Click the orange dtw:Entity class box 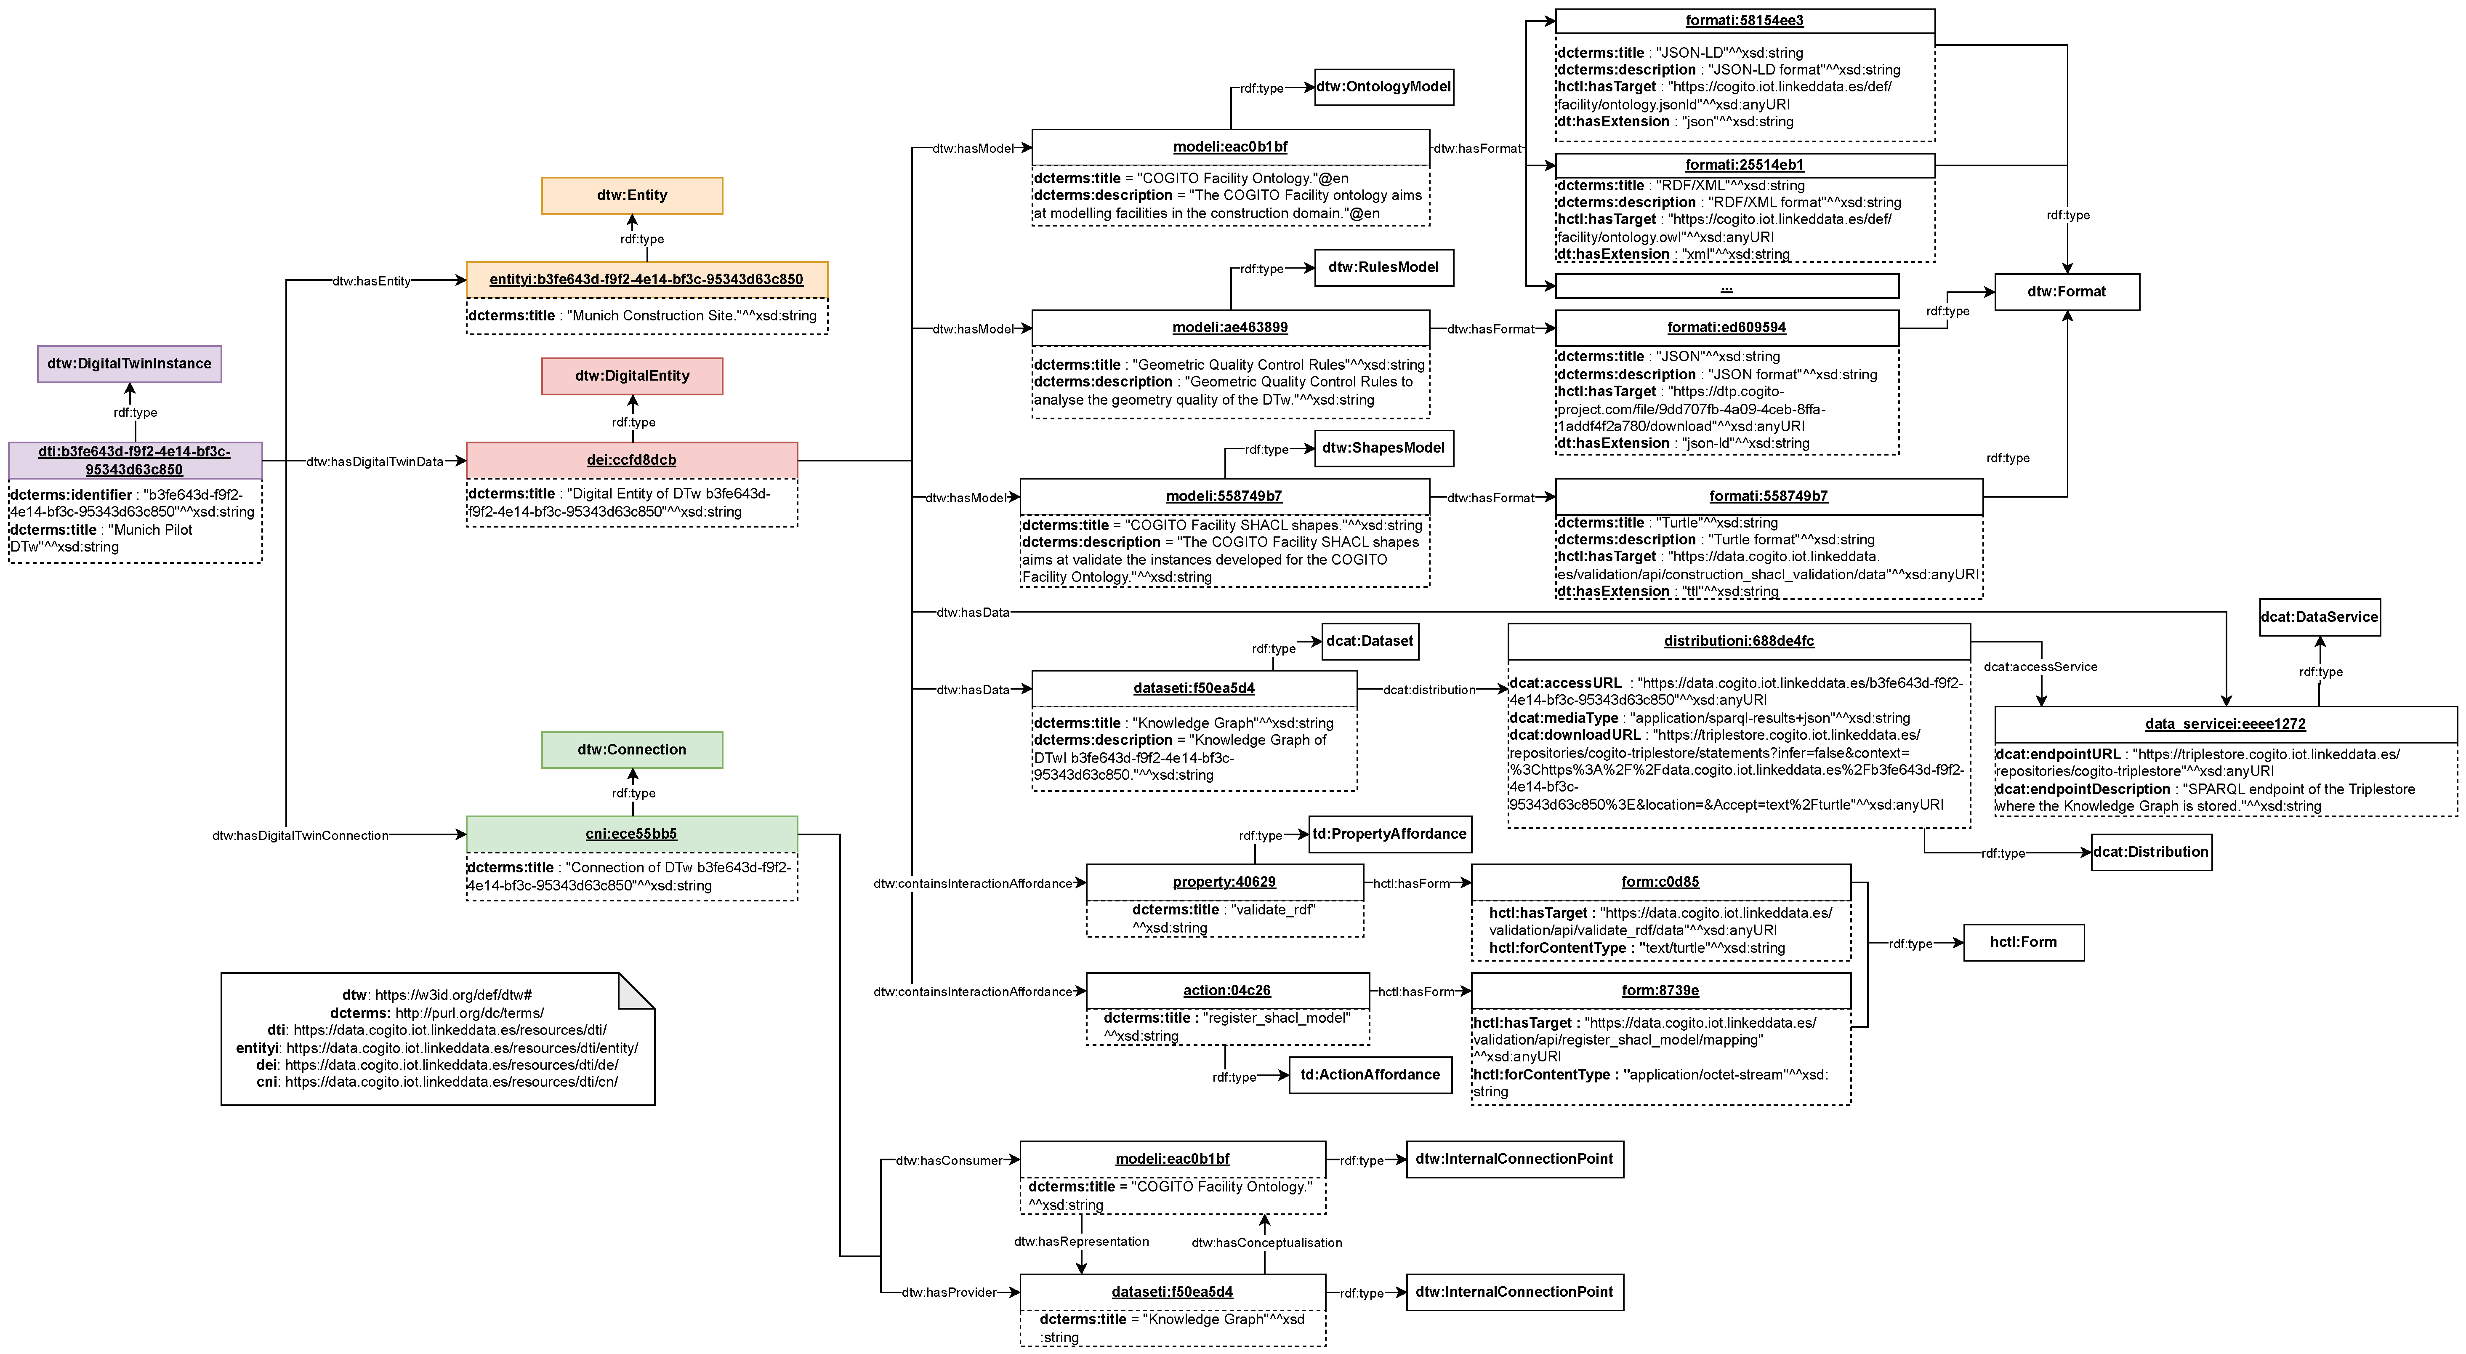click(632, 195)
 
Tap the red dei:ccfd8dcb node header click(632, 460)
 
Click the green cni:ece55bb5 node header click(632, 834)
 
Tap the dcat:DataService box click(2319, 618)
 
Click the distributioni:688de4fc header click(1738, 642)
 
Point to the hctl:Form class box click(2023, 942)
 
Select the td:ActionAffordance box click(1370, 1075)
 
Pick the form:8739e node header click(1660, 991)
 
